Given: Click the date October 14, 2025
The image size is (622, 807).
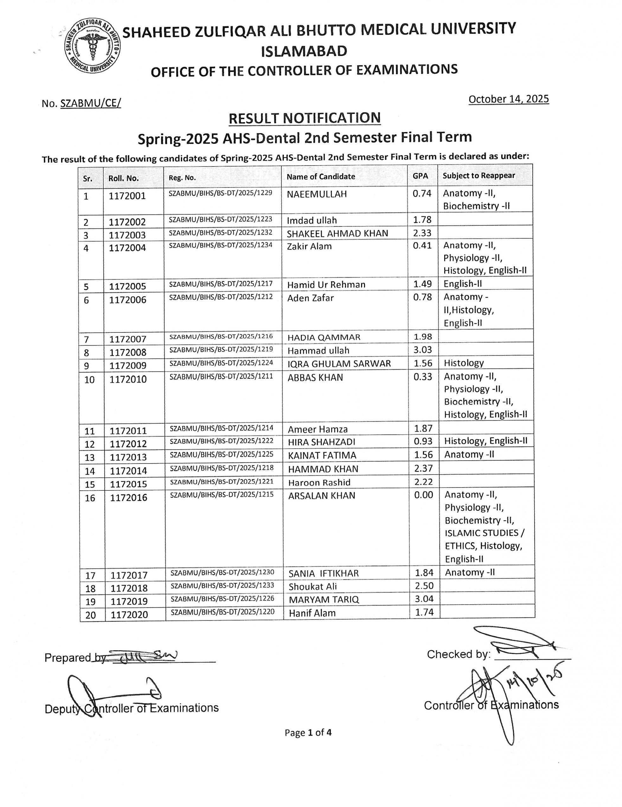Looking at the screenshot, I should click(x=508, y=99).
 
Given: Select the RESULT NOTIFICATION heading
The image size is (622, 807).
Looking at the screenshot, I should click(x=305, y=118).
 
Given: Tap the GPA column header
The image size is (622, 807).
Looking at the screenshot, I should click(x=420, y=176).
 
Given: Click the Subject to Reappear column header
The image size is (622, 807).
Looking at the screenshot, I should click(x=478, y=175).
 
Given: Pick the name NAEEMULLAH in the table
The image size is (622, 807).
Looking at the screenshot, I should click(x=317, y=194).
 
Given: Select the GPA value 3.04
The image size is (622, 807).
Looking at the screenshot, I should click(x=424, y=599).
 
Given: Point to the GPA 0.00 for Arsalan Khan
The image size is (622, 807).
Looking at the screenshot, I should click(x=423, y=495).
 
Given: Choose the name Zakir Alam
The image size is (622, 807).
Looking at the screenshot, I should click(x=309, y=246).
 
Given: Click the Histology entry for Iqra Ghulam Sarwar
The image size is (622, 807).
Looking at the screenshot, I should click(x=464, y=363).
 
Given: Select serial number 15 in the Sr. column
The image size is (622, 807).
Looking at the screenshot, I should click(x=90, y=484).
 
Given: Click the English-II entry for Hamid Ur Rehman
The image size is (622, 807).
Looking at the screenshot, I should click(x=463, y=284).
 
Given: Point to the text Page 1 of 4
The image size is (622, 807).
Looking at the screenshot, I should click(x=308, y=732).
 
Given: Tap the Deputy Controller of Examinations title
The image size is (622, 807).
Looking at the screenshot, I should click(x=131, y=708).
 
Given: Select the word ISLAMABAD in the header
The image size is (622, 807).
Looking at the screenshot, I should click(x=304, y=51).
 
